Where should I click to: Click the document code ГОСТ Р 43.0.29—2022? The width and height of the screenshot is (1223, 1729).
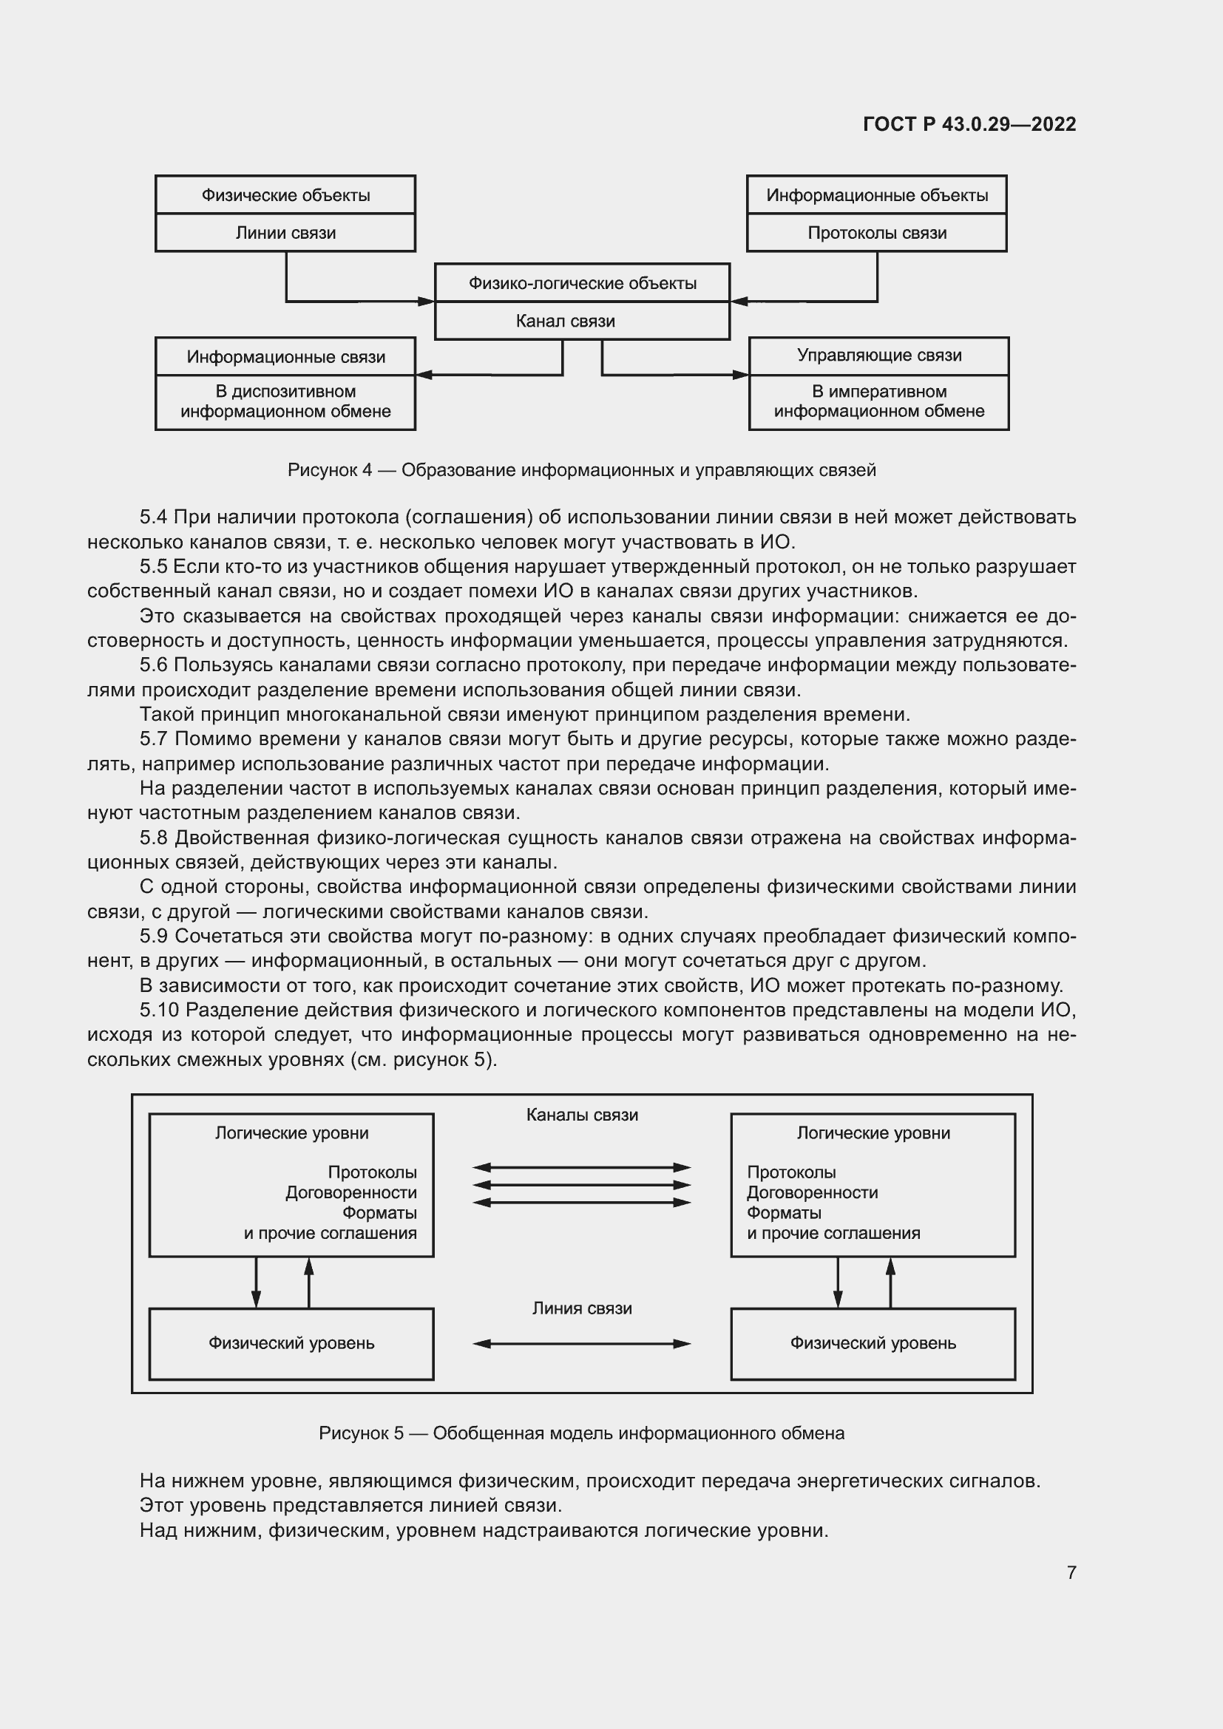pos(969,124)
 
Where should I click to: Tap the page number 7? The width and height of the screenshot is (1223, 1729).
pos(1071,1572)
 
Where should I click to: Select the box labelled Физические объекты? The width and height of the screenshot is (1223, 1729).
pos(285,195)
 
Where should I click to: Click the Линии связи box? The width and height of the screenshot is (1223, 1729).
pos(285,233)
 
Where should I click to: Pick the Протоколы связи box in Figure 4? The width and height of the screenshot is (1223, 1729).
pos(877,233)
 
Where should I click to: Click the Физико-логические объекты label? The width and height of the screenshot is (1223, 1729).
pos(582,283)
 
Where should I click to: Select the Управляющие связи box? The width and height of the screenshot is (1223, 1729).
pos(879,356)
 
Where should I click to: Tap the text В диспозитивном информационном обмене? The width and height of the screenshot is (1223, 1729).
pos(285,401)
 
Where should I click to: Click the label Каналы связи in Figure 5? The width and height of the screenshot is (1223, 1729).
pos(582,1115)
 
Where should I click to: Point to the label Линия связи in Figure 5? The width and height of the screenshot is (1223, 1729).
pos(582,1309)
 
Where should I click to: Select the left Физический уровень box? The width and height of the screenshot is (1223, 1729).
pos(291,1343)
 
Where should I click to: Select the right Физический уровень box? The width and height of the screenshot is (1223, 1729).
pos(873,1343)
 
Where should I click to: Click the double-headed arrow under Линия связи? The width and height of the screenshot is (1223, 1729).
pos(581,1343)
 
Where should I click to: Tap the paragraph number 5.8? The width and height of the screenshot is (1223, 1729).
pos(153,838)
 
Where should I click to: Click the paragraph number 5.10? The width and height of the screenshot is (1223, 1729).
pos(158,1010)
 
